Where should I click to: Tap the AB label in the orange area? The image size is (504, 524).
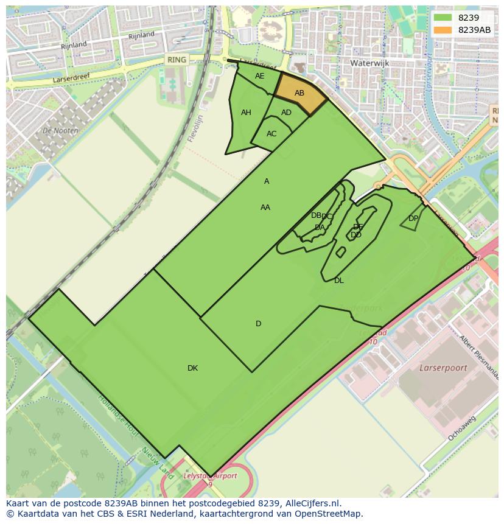[299, 93]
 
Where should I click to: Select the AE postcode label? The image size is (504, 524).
[260, 76]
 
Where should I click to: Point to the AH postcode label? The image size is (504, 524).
[246, 113]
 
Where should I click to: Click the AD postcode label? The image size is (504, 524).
[286, 113]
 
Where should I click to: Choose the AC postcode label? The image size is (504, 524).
[271, 134]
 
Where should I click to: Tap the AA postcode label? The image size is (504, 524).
[265, 208]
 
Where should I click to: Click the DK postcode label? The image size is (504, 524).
[192, 368]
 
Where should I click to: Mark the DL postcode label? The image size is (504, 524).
[339, 281]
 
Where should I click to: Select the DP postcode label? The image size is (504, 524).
[413, 218]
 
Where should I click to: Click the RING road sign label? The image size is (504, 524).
[177, 60]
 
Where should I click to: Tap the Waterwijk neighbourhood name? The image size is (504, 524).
[369, 63]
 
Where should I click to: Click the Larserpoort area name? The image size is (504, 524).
[443, 368]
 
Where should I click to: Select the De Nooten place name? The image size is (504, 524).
[60, 130]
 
